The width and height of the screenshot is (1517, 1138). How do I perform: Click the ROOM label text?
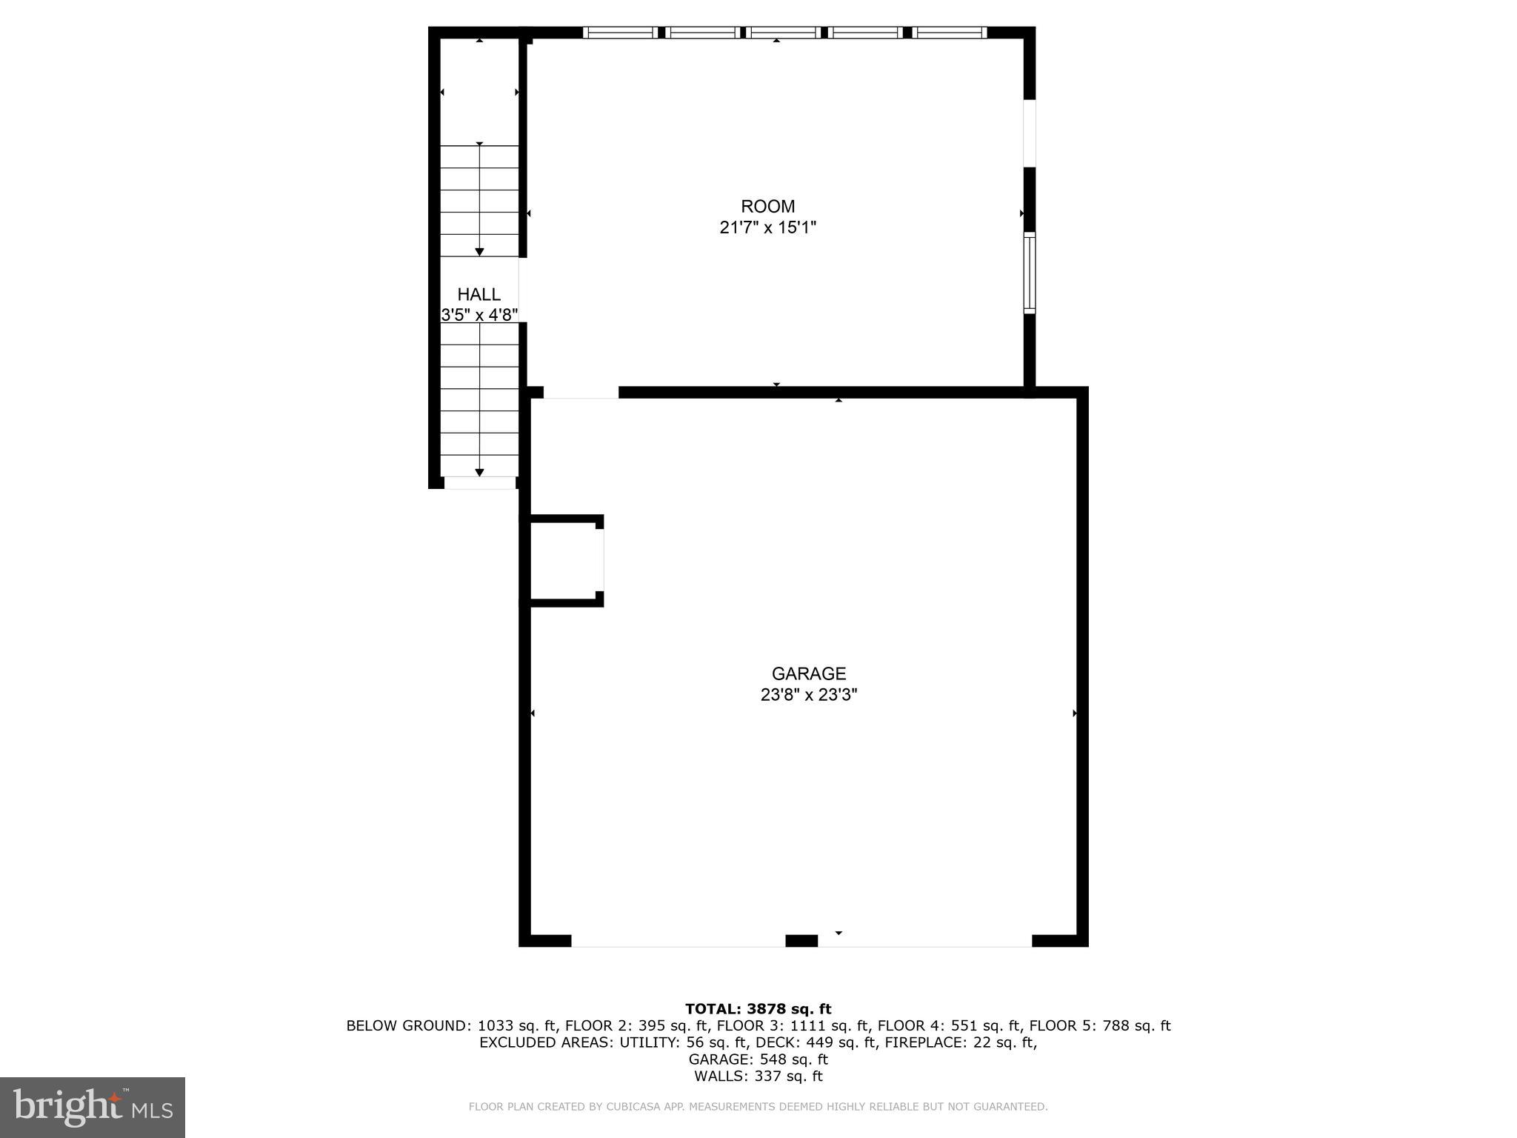click(x=767, y=207)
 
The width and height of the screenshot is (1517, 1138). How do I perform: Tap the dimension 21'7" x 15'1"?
click(x=767, y=227)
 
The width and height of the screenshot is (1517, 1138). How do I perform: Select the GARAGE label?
click(x=808, y=673)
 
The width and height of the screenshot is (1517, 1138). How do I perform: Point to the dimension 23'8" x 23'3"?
click(x=808, y=695)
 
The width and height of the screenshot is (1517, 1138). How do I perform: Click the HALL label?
click(x=479, y=294)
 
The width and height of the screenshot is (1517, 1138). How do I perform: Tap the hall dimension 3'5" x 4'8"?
click(x=479, y=315)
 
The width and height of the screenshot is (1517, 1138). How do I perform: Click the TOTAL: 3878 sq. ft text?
click(x=758, y=1008)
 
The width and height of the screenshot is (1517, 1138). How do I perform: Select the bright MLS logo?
click(x=92, y=1107)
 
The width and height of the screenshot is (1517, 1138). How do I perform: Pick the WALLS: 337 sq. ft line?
click(x=758, y=1077)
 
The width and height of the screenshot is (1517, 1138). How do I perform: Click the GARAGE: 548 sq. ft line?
click(x=758, y=1059)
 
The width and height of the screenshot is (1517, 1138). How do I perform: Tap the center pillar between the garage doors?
click(x=801, y=940)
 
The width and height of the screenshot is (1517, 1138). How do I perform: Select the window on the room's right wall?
click(x=1029, y=272)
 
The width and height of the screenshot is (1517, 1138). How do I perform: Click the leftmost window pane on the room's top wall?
click(x=620, y=32)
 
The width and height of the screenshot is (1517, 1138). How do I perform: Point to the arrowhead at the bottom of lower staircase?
click(x=479, y=472)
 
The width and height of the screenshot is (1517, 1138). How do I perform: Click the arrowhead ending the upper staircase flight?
click(x=479, y=252)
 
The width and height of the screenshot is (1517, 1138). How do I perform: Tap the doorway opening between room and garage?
click(x=581, y=393)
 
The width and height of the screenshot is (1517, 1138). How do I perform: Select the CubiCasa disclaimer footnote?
click(x=758, y=1107)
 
